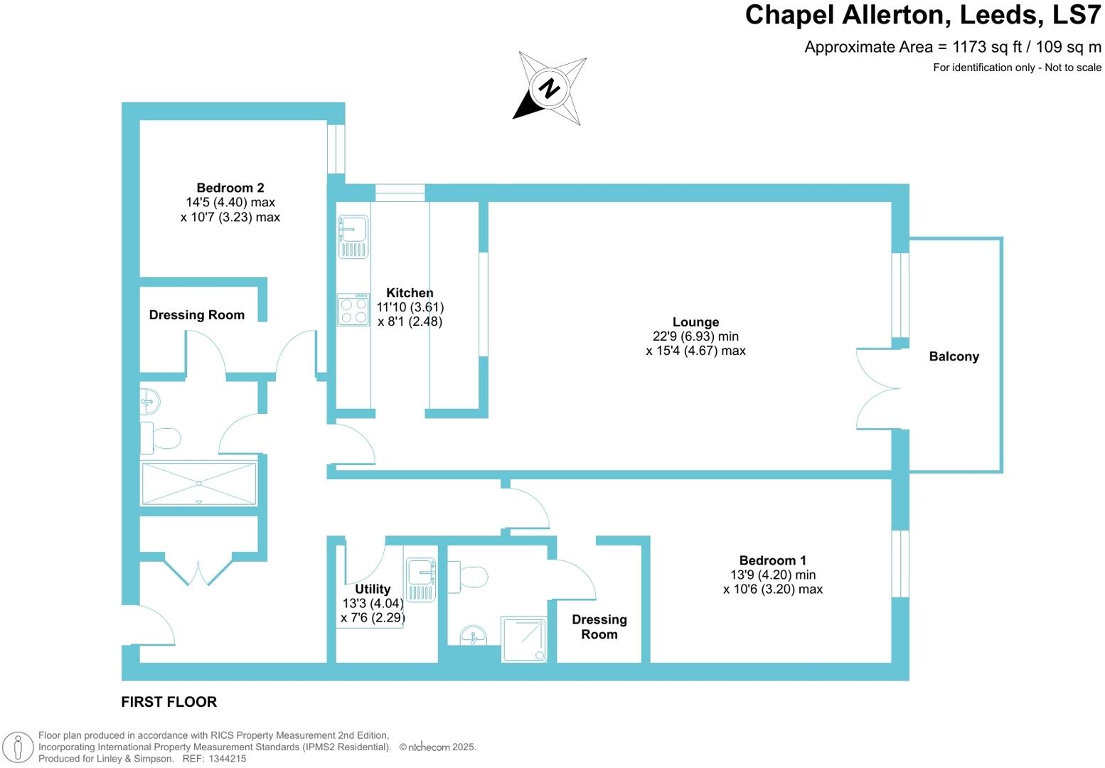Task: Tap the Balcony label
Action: click(x=954, y=356)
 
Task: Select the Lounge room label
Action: click(x=695, y=322)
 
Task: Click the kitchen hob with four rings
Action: click(x=353, y=310)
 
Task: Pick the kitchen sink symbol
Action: click(x=353, y=237)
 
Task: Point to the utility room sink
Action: click(x=420, y=579)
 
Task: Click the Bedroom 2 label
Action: click(x=230, y=188)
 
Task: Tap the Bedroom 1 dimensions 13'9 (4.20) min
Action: click(x=772, y=575)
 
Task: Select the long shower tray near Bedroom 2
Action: click(x=199, y=484)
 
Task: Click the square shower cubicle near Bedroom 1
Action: click(x=524, y=639)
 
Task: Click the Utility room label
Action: click(x=373, y=589)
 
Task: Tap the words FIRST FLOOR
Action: click(x=169, y=702)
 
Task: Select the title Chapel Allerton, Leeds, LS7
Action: click(x=922, y=15)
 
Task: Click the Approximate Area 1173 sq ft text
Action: click(x=952, y=47)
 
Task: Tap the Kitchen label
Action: click(x=410, y=292)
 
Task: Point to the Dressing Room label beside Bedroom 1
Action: click(x=599, y=626)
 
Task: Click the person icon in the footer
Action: click(x=18, y=747)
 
